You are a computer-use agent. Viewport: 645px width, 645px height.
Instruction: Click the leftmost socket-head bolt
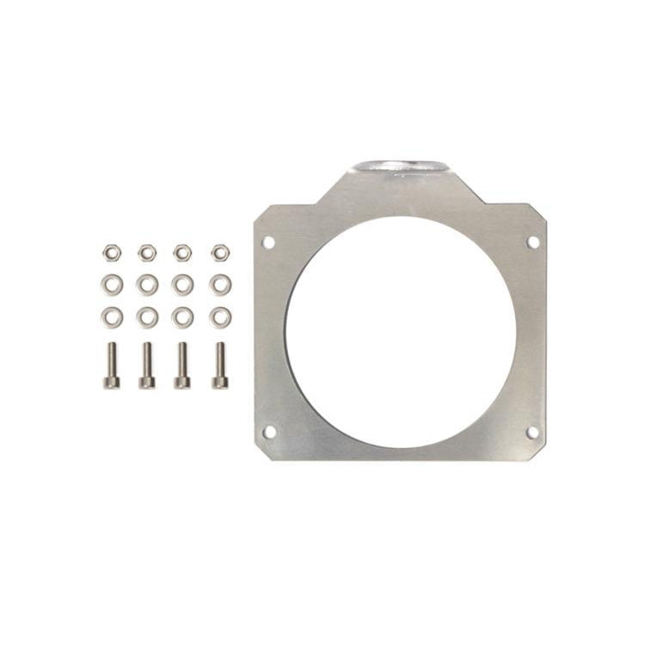(111, 365)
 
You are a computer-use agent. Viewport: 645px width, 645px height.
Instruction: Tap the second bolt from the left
(147, 365)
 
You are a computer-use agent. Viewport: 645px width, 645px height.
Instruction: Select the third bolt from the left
(182, 365)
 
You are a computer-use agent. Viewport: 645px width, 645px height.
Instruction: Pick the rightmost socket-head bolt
(220, 365)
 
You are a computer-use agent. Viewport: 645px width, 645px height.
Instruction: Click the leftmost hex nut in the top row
(111, 252)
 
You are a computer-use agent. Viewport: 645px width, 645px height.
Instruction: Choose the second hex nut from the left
(147, 252)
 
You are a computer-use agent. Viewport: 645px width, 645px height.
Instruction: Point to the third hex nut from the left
(182, 252)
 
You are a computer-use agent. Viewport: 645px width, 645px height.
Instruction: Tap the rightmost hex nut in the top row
(220, 252)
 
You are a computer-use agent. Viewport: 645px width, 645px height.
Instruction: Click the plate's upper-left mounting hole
(268, 243)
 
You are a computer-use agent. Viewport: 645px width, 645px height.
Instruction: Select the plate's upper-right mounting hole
(532, 243)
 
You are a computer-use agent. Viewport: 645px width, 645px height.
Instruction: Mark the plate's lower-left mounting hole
(269, 432)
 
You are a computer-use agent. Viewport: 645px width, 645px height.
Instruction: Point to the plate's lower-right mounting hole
(532, 432)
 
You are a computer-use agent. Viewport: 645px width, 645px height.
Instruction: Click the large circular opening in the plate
(401, 332)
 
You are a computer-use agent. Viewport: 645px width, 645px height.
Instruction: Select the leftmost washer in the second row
(111, 284)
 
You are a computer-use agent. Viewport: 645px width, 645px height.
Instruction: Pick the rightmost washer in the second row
(220, 284)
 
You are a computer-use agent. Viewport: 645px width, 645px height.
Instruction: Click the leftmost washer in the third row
(111, 316)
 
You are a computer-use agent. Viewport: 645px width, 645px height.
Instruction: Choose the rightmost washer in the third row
(220, 316)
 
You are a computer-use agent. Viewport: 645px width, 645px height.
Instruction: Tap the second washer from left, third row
(147, 316)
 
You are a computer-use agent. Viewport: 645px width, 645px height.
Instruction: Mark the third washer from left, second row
(182, 284)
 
